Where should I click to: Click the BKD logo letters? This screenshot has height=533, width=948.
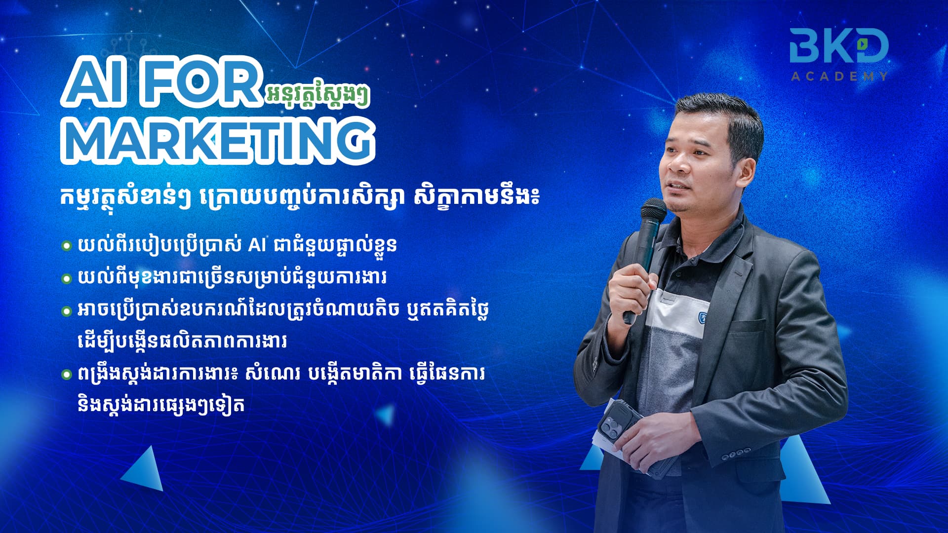click(x=838, y=45)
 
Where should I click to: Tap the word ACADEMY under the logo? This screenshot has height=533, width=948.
click(x=839, y=76)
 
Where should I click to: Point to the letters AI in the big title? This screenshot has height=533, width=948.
click(x=96, y=81)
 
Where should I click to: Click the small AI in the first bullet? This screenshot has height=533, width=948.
click(x=257, y=245)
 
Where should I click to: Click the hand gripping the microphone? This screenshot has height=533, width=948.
click(x=632, y=291)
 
